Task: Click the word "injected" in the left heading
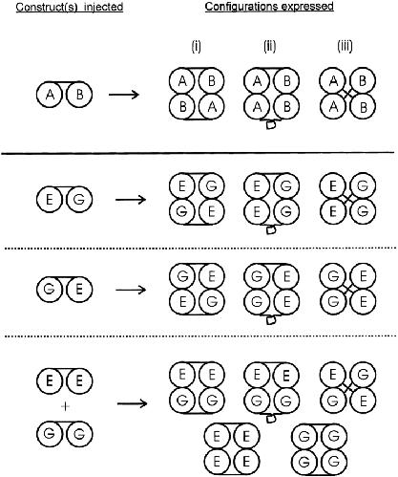tap(103, 7)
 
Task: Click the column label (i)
tap(196, 47)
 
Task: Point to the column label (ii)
tap(269, 47)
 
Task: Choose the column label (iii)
tap(345, 47)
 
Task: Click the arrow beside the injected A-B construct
tap(124, 95)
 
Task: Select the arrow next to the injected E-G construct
tap(131, 200)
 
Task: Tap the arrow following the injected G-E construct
tap(131, 290)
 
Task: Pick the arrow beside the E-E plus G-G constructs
tap(132, 403)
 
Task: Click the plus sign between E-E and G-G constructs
tap(65, 406)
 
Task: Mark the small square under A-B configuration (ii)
tap(270, 125)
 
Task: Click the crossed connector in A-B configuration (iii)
tap(347, 94)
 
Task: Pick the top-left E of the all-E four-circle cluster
tap(217, 436)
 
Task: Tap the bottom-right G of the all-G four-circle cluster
tap(334, 462)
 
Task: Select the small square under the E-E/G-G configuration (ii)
tap(270, 419)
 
